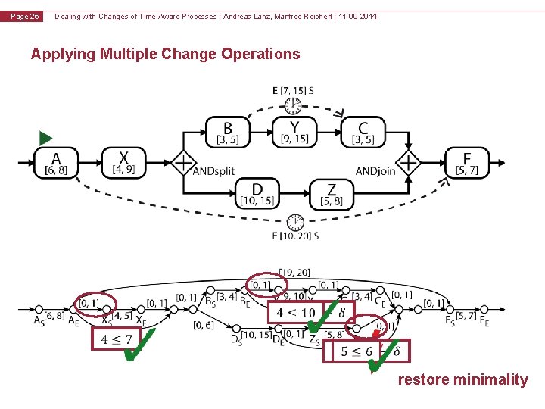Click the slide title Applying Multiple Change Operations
tap(165, 54)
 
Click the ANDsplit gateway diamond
tap(182, 162)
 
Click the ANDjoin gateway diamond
tap(409, 162)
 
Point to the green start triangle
tap(45, 139)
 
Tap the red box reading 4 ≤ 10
tap(295, 312)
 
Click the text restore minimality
tap(462, 379)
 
